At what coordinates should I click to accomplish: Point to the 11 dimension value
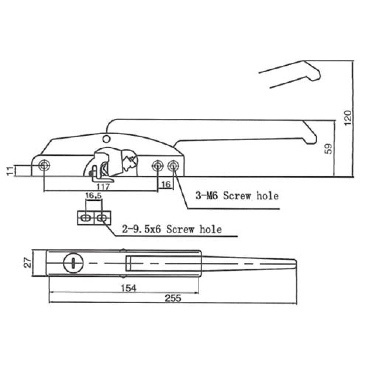pos(10,171)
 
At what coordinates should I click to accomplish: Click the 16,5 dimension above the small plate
pos(93,196)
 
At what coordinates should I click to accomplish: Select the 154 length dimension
pos(128,288)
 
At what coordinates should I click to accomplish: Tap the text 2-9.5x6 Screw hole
pos(172,230)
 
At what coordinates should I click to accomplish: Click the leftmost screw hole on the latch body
pos(44,165)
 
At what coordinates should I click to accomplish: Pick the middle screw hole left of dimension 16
pos(158,165)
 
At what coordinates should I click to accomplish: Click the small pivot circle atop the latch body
pos(106,138)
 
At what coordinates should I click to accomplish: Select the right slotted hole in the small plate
pos(102,218)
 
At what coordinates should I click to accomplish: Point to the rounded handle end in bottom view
pos(294,263)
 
